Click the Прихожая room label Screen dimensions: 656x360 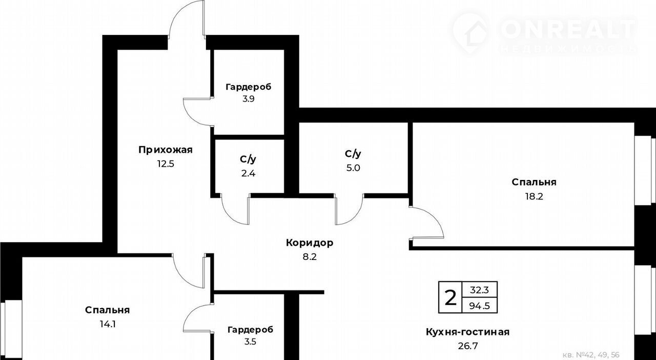[x=166, y=150]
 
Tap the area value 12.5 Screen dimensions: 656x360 [x=166, y=164]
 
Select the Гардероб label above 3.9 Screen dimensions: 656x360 [x=249, y=87]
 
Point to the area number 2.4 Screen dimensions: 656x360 [x=249, y=173]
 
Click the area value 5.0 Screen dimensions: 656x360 [x=353, y=168]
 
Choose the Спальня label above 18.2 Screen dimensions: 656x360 [x=534, y=183]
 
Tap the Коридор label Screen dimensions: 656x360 [x=310, y=243]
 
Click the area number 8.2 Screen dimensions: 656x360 [x=310, y=257]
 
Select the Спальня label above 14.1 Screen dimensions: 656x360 [x=108, y=310]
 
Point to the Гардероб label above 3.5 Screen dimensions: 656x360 [x=251, y=330]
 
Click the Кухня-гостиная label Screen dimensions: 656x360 [x=468, y=332]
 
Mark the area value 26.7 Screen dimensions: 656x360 [x=468, y=346]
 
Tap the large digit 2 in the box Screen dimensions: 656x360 [x=450, y=297]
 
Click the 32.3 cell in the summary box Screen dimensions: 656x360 [x=479, y=290]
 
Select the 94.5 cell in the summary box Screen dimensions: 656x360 [x=479, y=306]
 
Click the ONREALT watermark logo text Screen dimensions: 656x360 [x=568, y=29]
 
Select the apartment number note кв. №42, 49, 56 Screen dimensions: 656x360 [x=591, y=355]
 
